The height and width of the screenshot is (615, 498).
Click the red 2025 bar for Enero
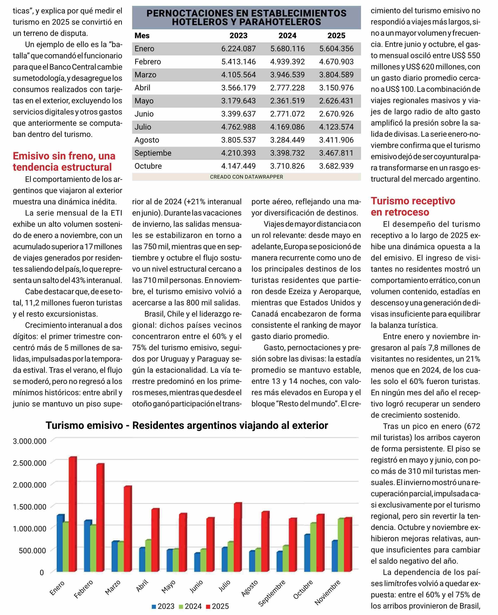pos(73,514)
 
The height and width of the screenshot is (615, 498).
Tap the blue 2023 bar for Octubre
pos(307,552)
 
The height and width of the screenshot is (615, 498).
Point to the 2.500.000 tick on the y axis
pos(30,463)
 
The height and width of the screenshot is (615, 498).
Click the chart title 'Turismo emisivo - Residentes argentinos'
pos(187,425)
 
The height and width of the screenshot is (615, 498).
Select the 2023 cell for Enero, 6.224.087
pos(238,49)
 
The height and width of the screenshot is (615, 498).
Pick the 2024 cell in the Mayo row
pos(287,101)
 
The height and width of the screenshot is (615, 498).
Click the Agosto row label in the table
pos(147,140)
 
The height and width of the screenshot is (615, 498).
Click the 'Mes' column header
pos(142,36)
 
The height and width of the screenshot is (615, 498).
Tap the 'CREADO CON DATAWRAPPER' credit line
pos(246,177)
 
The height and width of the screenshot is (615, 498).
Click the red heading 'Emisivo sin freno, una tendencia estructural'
pos(64,162)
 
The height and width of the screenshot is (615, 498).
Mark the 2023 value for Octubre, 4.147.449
pos(238,166)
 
